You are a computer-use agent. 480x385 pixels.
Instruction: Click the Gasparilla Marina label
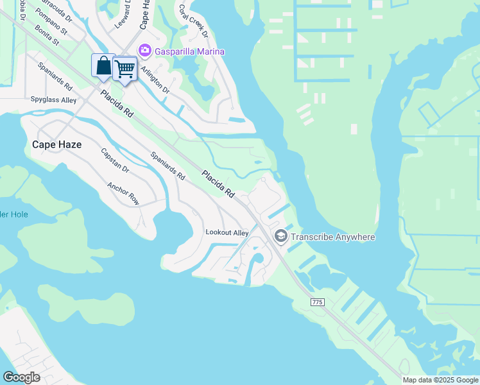[x=190, y=51]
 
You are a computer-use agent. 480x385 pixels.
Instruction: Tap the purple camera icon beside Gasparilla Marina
[x=145, y=51]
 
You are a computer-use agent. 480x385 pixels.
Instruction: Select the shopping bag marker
[x=103, y=66]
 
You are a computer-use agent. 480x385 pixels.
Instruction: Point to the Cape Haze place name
[x=56, y=145]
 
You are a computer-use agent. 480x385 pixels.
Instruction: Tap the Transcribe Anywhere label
[x=332, y=237]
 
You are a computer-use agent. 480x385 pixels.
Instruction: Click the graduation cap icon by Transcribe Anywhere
[x=280, y=237]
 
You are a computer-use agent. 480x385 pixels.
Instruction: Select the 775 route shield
[x=317, y=302]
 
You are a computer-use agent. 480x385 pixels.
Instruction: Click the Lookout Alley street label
[x=227, y=232]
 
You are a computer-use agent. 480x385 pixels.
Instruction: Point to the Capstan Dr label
[x=115, y=161]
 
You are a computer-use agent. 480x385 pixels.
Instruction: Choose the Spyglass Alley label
[x=53, y=100]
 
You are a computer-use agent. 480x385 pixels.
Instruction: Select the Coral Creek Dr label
[x=193, y=21]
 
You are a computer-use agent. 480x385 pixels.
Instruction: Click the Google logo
[x=21, y=377]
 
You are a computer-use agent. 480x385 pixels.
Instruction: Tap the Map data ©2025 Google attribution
[x=441, y=380]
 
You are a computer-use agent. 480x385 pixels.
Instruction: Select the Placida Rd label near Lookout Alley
[x=218, y=184]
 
